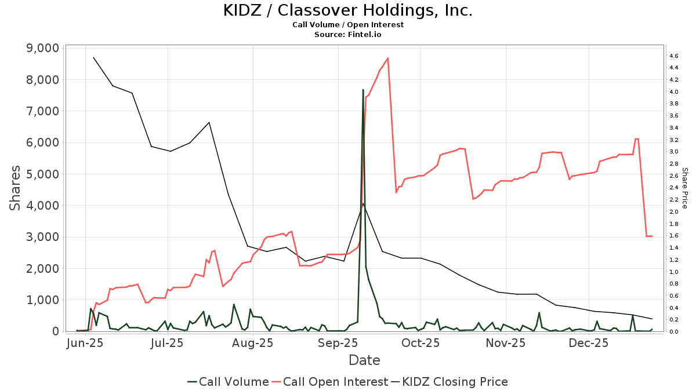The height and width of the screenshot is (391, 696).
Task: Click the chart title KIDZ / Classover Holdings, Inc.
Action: tap(347, 10)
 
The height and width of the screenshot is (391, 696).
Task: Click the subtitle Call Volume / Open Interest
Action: tap(347, 25)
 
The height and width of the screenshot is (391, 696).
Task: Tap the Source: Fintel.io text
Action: tap(347, 35)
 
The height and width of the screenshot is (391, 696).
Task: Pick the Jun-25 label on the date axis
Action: tap(85, 343)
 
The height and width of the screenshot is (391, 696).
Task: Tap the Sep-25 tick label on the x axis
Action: tap(338, 343)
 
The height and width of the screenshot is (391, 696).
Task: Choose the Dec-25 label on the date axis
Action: tap(588, 343)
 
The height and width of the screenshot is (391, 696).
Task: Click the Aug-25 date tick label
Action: tap(253, 343)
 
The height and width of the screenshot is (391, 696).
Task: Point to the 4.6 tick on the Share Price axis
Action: tap(673, 56)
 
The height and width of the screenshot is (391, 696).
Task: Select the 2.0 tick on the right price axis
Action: tap(673, 212)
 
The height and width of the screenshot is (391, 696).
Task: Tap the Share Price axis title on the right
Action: tap(684, 188)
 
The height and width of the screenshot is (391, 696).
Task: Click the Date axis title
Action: tap(364, 360)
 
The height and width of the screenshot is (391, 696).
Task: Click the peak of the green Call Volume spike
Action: tap(363, 90)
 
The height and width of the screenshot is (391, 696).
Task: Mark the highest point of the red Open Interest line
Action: tap(387, 58)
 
